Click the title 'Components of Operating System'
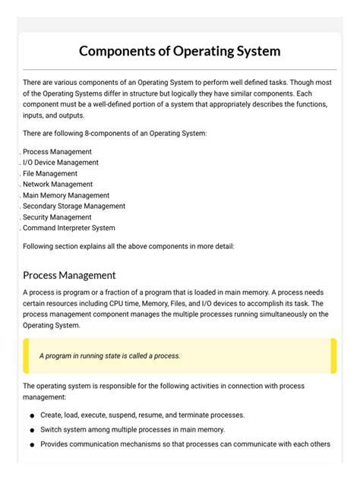[180, 52]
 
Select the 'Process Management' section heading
[69, 275]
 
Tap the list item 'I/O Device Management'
[61, 163]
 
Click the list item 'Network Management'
[58, 184]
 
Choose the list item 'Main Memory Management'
[66, 195]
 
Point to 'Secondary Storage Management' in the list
[74, 206]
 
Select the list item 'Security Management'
[57, 216]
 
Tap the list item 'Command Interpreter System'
[69, 227]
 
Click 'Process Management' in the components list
[57, 152]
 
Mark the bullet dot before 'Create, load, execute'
[32, 416]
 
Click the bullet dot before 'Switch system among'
[32, 431]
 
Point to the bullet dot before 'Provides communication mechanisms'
[32, 445]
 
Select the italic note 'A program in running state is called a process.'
[110, 355]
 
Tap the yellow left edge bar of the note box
[26, 356]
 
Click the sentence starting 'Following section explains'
[128, 246]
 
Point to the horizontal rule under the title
[180, 70]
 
